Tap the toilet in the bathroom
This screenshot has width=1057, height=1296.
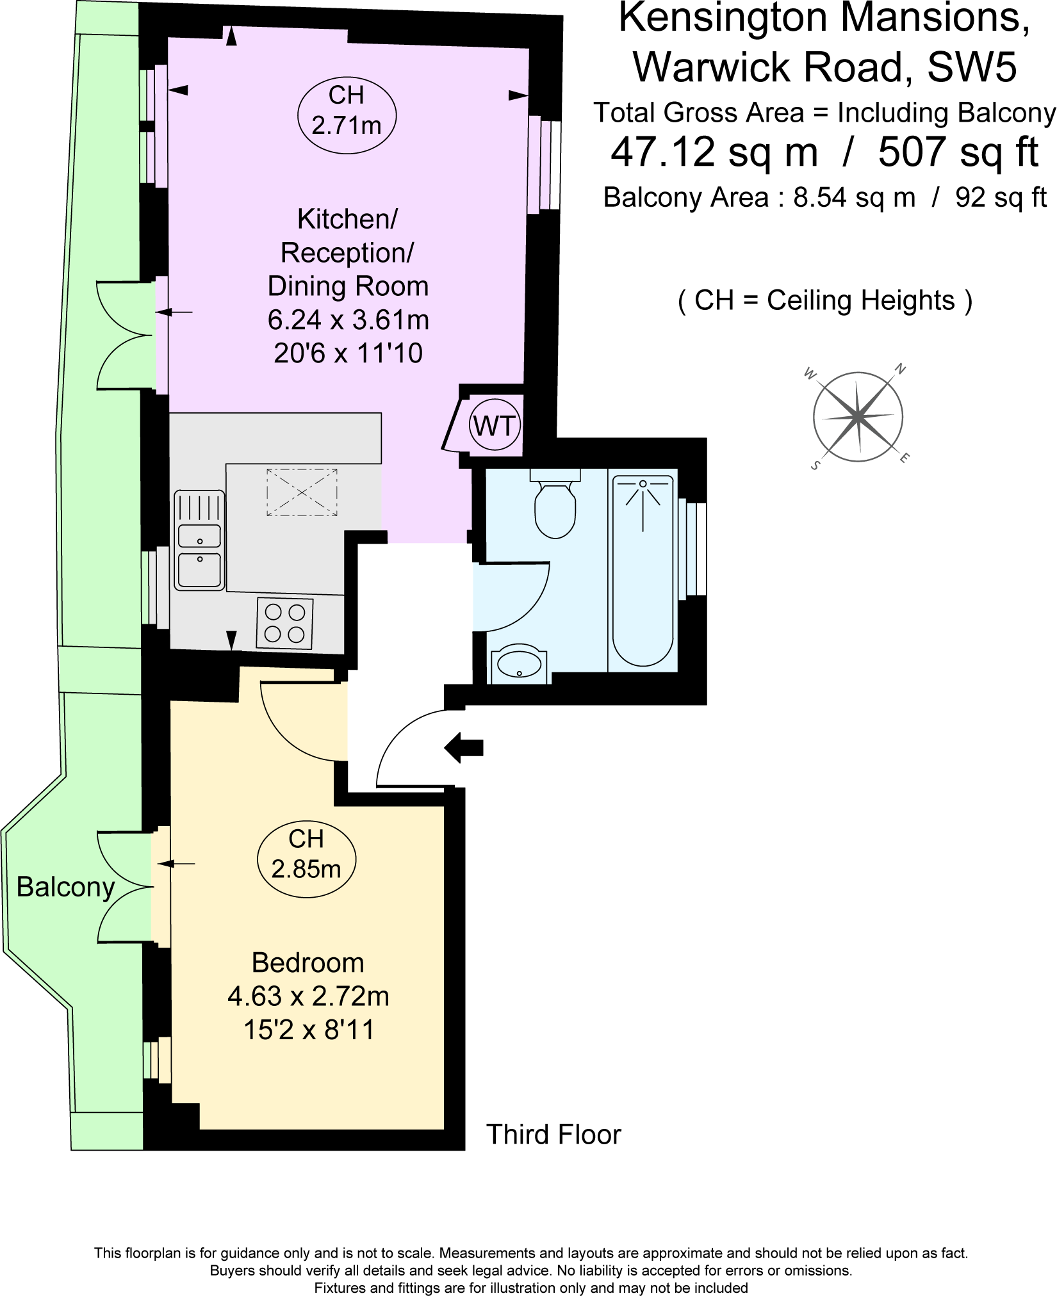pos(555,506)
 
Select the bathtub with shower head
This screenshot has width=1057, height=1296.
pos(643,570)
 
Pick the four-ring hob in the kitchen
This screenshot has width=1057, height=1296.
pos(285,623)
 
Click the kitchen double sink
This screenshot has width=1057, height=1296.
pos(200,541)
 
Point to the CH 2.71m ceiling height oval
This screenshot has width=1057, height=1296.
pos(347,110)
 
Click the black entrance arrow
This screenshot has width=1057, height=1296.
pos(464,747)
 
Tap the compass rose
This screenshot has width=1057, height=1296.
pos(858,417)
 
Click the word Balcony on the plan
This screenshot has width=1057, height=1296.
pos(65,887)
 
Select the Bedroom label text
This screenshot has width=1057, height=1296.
pos(307,963)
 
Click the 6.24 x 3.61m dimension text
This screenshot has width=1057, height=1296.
pos(348,320)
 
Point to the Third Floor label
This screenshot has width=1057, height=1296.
pos(553,1134)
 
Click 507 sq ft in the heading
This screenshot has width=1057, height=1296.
pos(958,152)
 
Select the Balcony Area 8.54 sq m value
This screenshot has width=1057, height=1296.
pos(854,197)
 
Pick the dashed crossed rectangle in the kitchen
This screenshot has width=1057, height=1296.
pos(302,492)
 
